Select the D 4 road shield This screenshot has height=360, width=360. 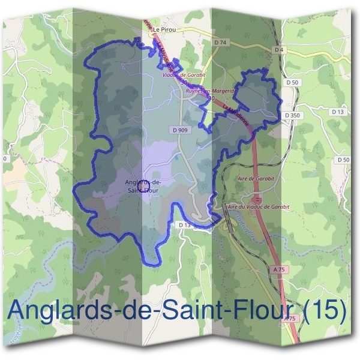click(x=278, y=49)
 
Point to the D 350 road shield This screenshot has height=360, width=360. click(x=292, y=115)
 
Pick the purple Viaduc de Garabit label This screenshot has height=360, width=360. click(x=184, y=76)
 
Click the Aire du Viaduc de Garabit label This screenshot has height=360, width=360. click(x=258, y=206)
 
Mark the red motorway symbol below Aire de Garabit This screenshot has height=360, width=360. click(x=257, y=197)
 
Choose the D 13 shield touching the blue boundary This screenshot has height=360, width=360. click(x=184, y=224)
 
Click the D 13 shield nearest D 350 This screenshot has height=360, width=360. click(x=338, y=112)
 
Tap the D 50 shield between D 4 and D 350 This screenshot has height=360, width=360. click(x=292, y=82)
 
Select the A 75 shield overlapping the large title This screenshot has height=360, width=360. click(x=290, y=319)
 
